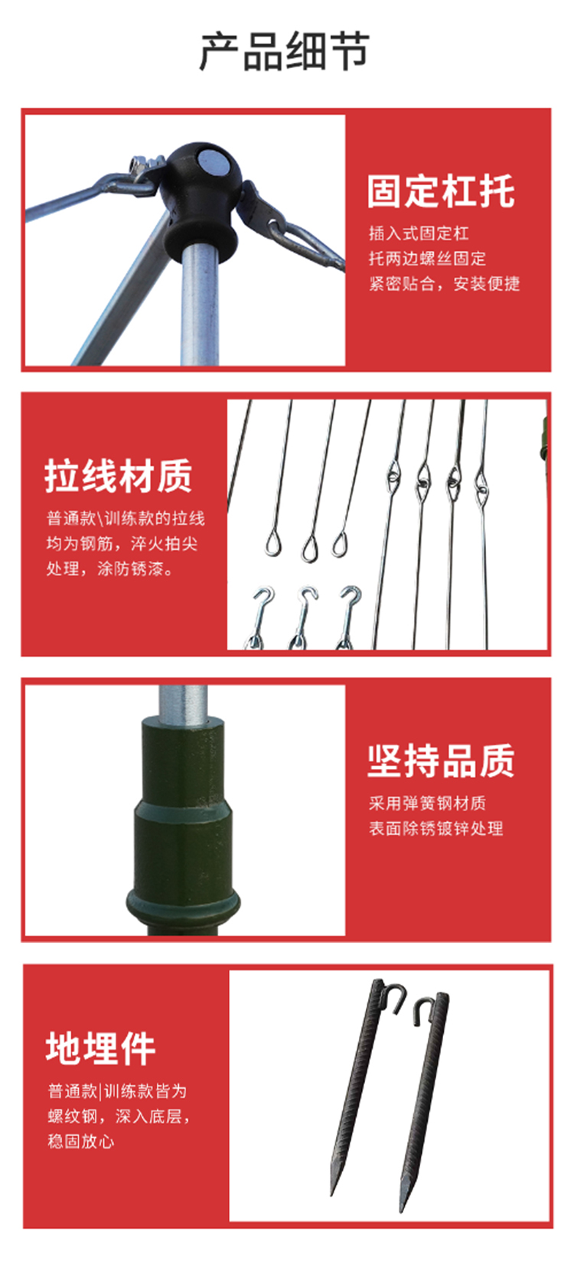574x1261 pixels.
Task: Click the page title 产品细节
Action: click(285, 52)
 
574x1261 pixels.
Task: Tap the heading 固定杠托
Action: click(441, 191)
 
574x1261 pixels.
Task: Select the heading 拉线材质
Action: click(119, 476)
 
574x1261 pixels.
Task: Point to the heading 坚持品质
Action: click(441, 761)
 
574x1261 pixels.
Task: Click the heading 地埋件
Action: click(100, 1048)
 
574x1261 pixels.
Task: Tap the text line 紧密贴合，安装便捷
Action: click(444, 283)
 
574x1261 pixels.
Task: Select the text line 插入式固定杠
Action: click(419, 233)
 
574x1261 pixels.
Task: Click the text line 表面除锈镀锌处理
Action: click(435, 828)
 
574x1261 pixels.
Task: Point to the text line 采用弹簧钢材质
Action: click(427, 803)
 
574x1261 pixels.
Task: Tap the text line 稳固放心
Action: click(80, 1141)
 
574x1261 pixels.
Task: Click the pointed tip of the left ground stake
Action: click(332, 1194)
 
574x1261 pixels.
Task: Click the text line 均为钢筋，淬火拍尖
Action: click(122, 543)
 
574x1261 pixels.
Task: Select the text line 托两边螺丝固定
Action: click(427, 259)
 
